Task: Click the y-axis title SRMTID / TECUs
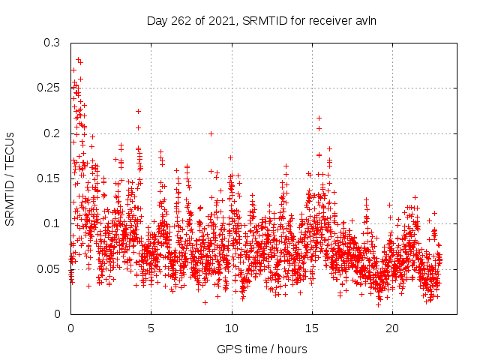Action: tap(10, 178)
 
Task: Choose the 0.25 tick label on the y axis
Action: tap(50, 88)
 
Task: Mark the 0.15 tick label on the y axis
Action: tap(50, 178)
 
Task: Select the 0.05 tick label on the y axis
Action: tap(50, 268)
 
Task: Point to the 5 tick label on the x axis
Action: tap(151, 328)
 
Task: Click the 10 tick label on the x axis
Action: tap(232, 328)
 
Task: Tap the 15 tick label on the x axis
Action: tap(312, 328)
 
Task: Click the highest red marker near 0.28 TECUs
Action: tap(78, 58)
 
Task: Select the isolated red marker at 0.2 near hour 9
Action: tap(211, 133)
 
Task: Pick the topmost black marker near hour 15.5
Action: tap(319, 118)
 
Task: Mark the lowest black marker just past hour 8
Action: tap(205, 302)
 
